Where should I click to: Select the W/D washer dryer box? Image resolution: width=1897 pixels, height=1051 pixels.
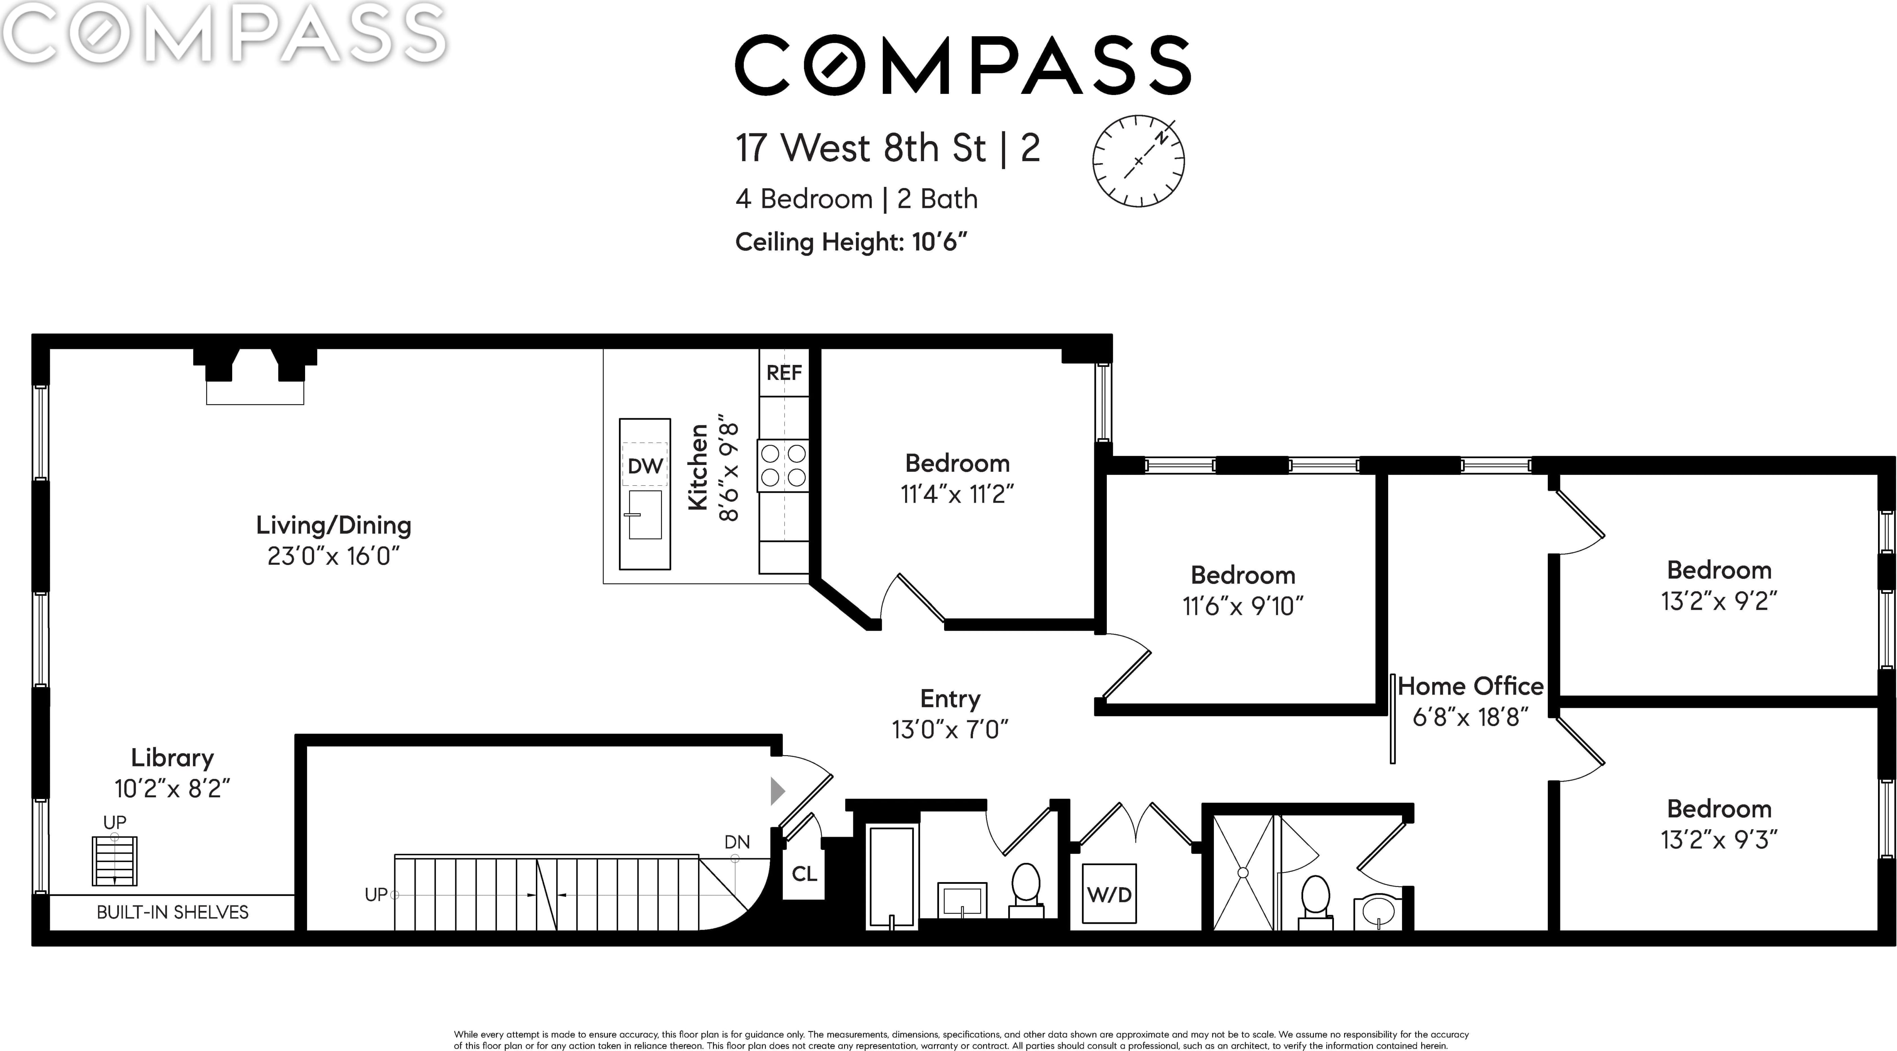(1109, 894)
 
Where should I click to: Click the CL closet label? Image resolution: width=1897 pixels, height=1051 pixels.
(804, 874)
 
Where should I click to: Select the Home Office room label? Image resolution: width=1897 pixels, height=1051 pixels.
(1471, 686)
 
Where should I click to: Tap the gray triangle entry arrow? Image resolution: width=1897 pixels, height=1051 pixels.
(778, 791)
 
